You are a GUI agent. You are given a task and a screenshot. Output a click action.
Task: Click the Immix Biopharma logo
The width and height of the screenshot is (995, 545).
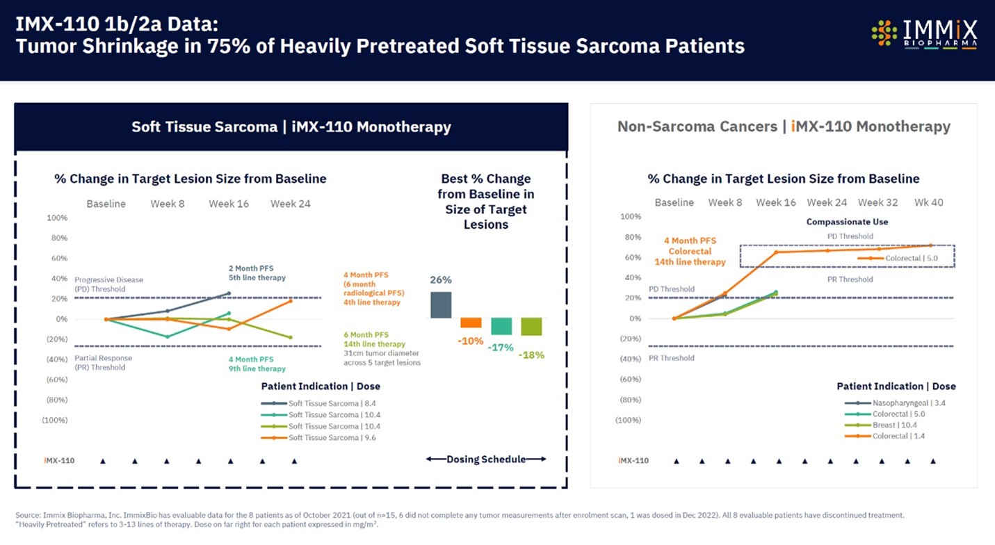924,33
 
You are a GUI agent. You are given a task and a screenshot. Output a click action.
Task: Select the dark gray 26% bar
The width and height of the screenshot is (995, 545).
441,304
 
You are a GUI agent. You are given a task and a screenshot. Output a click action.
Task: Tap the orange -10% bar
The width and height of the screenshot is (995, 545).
471,323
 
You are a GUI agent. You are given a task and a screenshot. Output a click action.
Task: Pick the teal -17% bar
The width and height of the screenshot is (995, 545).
501,326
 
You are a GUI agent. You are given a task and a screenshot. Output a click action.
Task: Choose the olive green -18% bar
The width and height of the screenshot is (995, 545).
532,327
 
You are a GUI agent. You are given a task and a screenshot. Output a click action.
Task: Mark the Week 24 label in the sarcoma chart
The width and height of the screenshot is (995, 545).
291,204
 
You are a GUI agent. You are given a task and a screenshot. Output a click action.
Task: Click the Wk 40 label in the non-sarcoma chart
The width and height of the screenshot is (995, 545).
929,202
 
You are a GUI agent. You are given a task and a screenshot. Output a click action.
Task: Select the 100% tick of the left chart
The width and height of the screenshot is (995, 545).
57,218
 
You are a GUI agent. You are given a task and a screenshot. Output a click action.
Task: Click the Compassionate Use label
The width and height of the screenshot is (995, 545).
847,222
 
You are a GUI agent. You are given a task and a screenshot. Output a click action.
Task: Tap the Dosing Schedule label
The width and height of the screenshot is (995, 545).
485,459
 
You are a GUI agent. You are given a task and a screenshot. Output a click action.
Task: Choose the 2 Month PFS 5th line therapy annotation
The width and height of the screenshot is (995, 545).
257,272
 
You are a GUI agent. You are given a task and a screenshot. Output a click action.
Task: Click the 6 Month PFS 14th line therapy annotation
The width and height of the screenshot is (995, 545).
374,339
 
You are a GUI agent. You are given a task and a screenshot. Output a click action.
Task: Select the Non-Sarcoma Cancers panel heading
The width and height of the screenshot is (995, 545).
784,127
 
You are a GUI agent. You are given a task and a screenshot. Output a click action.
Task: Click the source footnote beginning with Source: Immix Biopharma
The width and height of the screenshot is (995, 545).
459,515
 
